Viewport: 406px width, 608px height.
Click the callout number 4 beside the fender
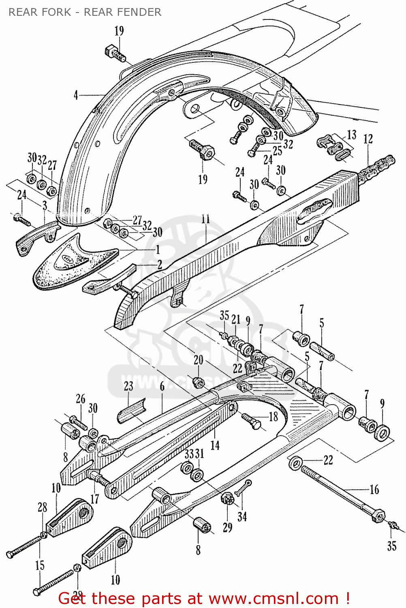[x=76, y=95]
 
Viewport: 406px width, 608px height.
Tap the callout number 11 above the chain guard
[x=206, y=219]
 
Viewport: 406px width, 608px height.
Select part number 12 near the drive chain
[x=368, y=139]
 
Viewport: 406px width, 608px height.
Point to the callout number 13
[x=352, y=135]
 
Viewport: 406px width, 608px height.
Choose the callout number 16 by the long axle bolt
[x=374, y=490]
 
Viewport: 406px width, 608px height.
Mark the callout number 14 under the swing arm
[x=215, y=445]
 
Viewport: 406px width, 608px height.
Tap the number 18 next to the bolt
[x=274, y=417]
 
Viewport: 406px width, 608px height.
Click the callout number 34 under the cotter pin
[x=242, y=516]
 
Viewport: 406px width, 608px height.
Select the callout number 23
[x=128, y=386]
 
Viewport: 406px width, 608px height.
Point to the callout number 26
[x=81, y=399]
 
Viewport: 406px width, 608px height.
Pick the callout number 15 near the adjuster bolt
[x=40, y=565]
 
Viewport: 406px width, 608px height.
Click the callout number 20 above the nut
[x=198, y=360]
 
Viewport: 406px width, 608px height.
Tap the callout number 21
[x=236, y=319]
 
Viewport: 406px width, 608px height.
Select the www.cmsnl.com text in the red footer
[x=274, y=599]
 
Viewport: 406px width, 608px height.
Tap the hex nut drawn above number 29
[x=227, y=498]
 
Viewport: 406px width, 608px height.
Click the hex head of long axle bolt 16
[x=378, y=516]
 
